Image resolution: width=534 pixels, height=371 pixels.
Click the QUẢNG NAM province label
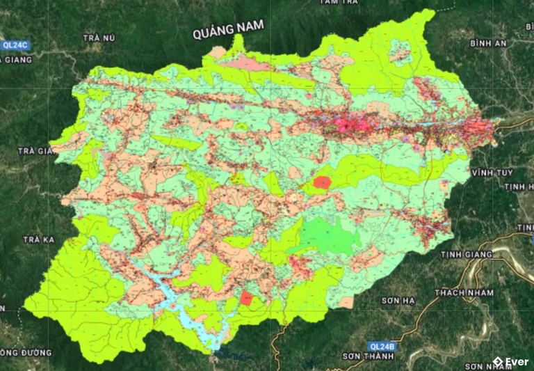[229, 29]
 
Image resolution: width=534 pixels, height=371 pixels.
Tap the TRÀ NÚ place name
[98, 38]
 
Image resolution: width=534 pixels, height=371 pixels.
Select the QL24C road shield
[15, 45]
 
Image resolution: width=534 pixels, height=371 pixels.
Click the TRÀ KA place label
[38, 239]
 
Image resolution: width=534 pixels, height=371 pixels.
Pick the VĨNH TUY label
[492, 172]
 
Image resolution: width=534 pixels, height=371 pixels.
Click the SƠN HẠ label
[398, 301]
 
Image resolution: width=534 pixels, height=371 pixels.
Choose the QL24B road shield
[382, 346]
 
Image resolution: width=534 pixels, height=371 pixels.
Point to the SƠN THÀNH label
[368, 356]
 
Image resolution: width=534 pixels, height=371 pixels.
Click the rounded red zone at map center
[322, 183]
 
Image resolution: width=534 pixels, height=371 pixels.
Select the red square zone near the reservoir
[246, 299]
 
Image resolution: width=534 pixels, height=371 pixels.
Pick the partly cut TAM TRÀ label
[339, 3]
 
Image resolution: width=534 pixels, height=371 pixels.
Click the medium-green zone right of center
[326, 236]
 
